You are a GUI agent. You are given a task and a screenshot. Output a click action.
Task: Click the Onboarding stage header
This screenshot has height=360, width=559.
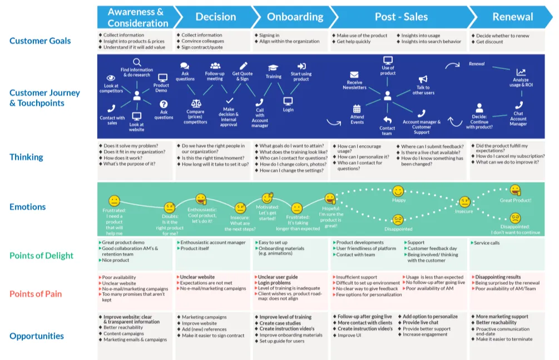294,17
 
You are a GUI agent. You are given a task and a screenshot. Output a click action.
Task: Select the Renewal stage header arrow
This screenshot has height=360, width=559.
512,17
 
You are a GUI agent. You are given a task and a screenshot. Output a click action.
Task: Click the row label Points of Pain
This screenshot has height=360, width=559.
36,294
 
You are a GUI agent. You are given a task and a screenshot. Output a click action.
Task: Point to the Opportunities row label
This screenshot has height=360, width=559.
37,336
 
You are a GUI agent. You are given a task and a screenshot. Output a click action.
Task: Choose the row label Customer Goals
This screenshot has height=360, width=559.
40,41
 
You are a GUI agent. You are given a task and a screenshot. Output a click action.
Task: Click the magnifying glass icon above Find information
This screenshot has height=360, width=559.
137,62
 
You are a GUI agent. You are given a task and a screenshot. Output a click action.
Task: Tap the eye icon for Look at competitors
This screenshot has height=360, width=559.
111,78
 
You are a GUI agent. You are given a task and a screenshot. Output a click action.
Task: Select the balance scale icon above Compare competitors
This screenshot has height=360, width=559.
196,103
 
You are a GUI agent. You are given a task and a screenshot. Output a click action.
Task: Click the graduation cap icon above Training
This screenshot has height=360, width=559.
273,68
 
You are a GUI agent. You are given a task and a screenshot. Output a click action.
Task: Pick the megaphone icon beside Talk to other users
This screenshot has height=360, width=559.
423,80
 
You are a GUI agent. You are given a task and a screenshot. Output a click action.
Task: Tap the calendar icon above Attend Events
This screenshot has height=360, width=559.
357,109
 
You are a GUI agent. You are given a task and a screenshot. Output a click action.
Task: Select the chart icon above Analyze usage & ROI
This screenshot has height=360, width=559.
521,72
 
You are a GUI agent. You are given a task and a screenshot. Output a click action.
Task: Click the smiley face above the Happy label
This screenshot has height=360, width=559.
398,191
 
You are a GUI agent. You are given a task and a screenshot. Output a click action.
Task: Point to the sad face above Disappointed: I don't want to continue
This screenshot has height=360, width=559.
516,218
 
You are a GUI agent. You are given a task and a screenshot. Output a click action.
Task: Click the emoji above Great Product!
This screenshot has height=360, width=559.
516,190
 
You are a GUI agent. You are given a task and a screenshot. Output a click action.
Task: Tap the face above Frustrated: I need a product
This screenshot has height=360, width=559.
114,200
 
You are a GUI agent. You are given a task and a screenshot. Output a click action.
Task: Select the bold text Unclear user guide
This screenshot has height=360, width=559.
279,277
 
